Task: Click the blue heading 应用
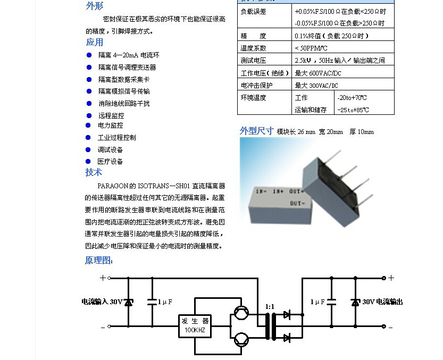pos(95,42)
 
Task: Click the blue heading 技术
pos(94,172)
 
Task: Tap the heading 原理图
pos(99,260)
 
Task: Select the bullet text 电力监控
pos(111,125)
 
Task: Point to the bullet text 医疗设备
pos(111,161)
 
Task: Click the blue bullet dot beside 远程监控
pos(89,115)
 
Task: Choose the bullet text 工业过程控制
pos(117,137)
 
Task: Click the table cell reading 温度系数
pos(253,48)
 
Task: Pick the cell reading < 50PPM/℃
pos(311,48)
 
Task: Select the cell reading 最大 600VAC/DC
pos(318,73)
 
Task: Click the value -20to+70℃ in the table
pos(352,98)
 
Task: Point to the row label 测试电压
pos(253,60)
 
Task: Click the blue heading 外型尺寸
pos(256,131)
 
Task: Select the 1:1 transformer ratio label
pos(270,307)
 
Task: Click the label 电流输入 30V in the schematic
pos(102,302)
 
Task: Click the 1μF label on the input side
pos(165,302)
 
